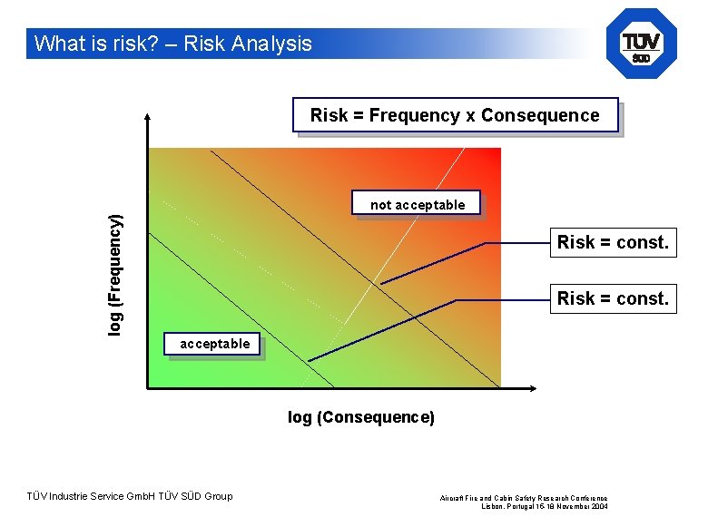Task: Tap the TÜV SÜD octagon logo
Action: (x=641, y=44)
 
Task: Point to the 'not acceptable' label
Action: (x=417, y=205)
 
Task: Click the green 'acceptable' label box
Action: (x=214, y=344)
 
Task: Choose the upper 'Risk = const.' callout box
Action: (x=613, y=242)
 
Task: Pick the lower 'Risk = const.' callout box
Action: (x=613, y=298)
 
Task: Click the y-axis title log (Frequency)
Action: (x=115, y=274)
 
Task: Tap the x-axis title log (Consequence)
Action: (x=361, y=417)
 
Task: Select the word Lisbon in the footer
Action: (x=494, y=506)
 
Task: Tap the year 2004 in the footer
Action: (x=599, y=506)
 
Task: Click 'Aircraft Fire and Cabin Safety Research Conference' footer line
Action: (x=525, y=498)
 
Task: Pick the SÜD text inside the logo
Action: (x=641, y=57)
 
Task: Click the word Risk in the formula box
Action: (x=329, y=115)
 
